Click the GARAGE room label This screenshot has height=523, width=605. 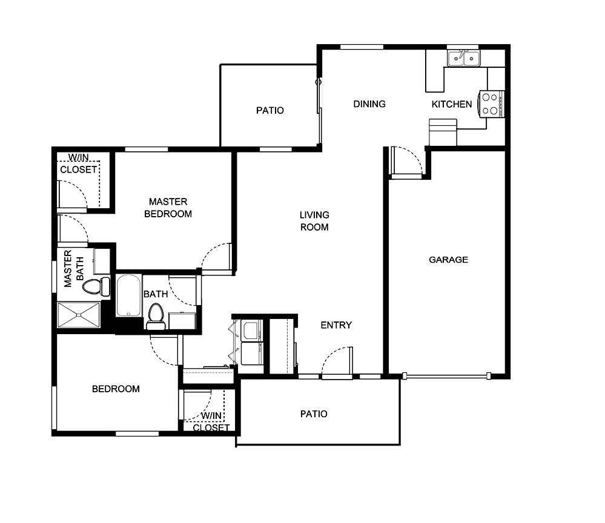(x=448, y=260)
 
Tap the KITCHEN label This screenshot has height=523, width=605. (x=451, y=104)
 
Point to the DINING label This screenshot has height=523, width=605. (x=369, y=104)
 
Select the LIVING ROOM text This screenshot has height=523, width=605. (x=314, y=221)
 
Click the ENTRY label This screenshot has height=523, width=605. (x=336, y=325)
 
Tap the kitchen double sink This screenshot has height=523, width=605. (x=463, y=58)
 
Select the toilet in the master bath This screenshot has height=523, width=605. (x=96, y=286)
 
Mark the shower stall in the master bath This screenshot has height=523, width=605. (x=79, y=315)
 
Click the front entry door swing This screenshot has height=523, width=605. (x=336, y=361)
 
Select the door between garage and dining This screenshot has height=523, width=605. (x=406, y=162)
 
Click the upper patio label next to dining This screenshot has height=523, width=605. (x=269, y=110)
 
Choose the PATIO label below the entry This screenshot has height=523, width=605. (x=314, y=414)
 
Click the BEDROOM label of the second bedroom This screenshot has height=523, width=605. (x=116, y=389)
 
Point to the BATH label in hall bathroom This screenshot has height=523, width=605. (x=156, y=294)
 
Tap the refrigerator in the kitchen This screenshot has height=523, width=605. (x=443, y=132)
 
